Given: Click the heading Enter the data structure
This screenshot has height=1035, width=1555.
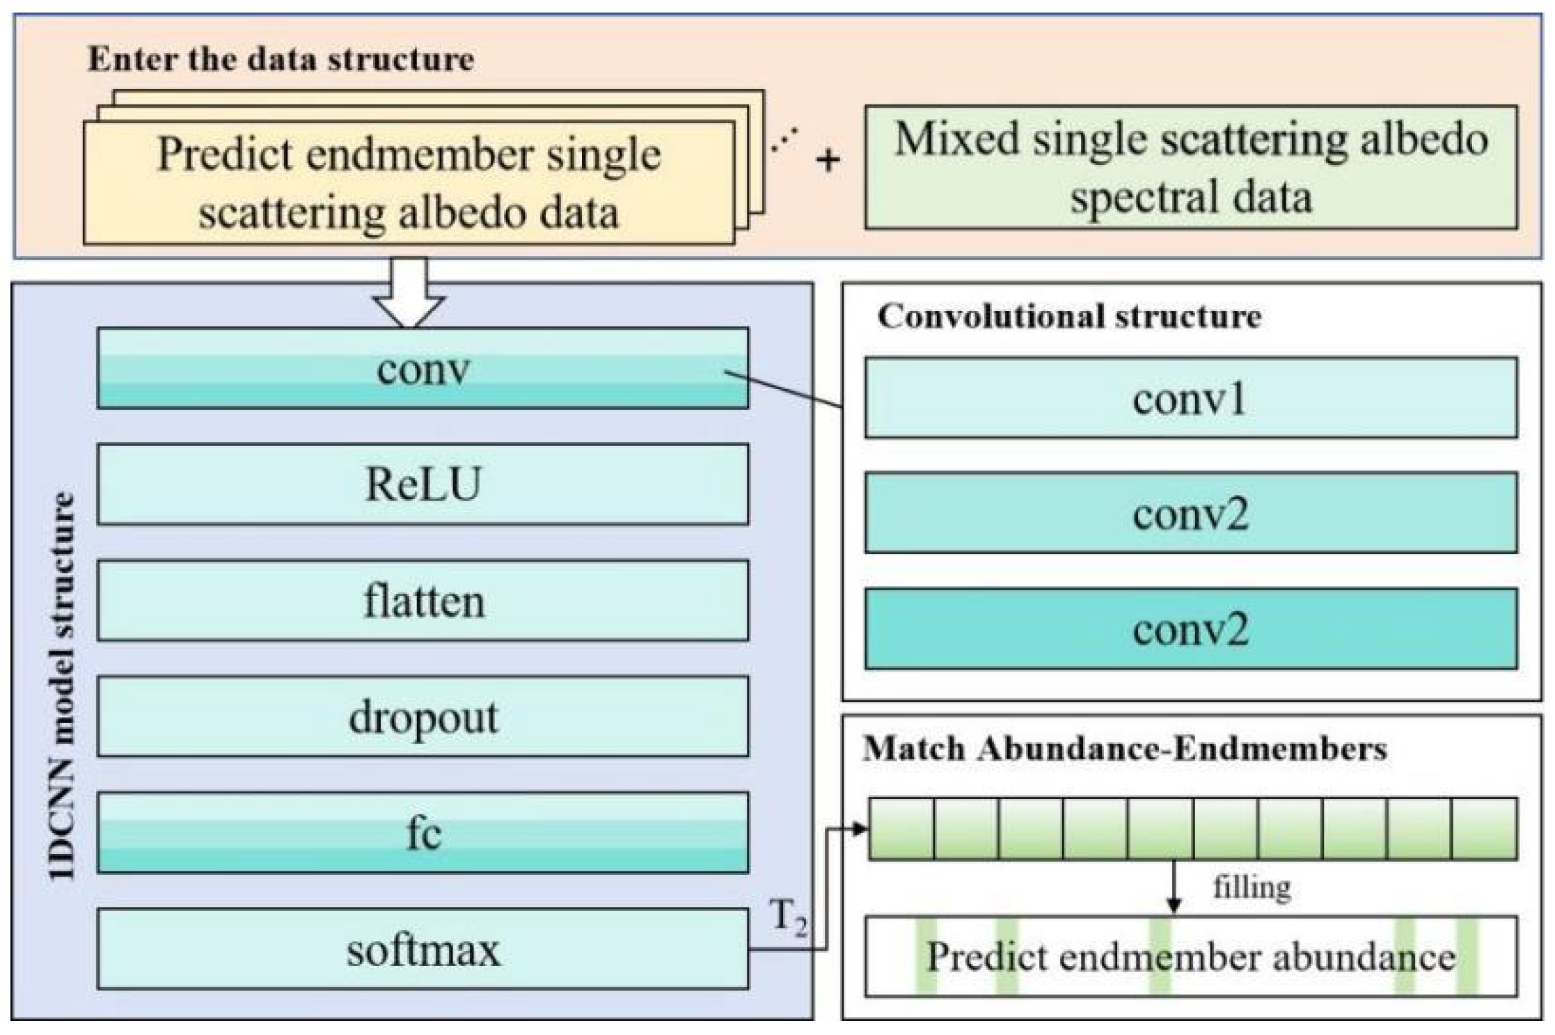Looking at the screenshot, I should tap(281, 59).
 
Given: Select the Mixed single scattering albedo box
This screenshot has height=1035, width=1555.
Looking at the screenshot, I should tap(1190, 167).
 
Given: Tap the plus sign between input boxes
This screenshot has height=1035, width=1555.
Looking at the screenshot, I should tap(828, 161).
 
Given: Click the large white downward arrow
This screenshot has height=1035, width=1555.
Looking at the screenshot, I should tap(409, 292).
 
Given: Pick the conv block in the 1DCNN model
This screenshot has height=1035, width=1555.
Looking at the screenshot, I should tap(423, 368).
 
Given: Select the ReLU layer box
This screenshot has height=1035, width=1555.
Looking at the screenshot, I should tap(423, 484).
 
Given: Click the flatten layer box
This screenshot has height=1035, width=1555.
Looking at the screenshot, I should tap(423, 600).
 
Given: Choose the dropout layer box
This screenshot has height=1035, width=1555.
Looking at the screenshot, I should tap(423, 716).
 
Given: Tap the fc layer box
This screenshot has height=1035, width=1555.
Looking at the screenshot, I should tap(423, 832).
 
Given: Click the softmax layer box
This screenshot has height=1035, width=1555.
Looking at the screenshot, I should tap(423, 949).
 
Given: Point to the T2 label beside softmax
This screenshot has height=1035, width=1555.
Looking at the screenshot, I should tap(788, 917).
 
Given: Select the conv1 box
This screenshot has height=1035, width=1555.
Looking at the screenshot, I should tap(1190, 397).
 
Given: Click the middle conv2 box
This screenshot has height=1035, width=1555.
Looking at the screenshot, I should tap(1190, 513).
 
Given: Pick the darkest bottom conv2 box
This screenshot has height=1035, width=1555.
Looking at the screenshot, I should tap(1190, 629).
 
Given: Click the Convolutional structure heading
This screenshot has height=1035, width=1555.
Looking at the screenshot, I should tap(1069, 317).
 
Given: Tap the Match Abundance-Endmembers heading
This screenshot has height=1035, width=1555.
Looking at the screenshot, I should tap(1125, 749).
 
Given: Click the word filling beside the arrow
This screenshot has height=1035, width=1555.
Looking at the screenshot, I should tap(1252, 887).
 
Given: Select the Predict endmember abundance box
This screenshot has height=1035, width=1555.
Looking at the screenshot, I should tap(1190, 956).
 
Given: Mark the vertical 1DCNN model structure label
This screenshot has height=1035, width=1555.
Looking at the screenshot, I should tap(63, 686).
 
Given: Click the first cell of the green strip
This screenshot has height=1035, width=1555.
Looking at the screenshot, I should tap(901, 828).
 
